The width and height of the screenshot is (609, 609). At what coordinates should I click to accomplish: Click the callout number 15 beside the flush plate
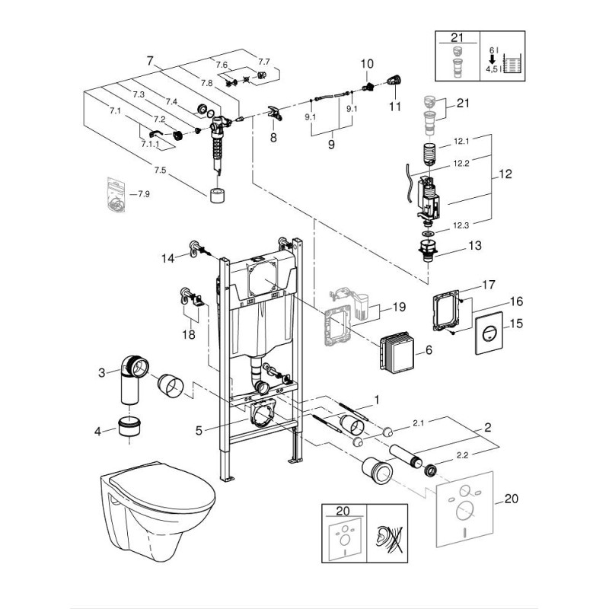(515, 324)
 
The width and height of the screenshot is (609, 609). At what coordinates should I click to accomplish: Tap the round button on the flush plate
(489, 333)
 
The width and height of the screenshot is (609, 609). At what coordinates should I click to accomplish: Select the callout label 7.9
(144, 194)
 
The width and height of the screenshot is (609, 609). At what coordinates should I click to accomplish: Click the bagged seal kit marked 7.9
(116, 194)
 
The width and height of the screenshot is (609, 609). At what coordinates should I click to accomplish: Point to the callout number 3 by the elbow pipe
(102, 373)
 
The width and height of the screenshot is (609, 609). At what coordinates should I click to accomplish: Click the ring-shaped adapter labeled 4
(129, 426)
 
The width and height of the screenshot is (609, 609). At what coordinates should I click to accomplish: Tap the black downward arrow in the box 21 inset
(492, 59)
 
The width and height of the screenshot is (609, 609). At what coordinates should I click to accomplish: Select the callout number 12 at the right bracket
(505, 174)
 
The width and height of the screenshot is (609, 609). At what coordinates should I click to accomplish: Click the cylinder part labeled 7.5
(218, 196)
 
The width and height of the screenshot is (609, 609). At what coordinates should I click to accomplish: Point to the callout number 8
(273, 137)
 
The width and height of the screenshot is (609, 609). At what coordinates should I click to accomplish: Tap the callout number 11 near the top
(394, 106)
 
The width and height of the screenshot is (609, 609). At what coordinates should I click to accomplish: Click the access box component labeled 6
(396, 351)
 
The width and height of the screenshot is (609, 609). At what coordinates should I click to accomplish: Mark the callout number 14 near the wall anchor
(168, 258)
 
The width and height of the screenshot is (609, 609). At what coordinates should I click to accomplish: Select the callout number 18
(189, 334)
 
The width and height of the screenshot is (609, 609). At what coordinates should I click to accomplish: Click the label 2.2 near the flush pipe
(462, 455)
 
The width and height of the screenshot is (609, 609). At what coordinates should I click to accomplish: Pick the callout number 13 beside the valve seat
(474, 245)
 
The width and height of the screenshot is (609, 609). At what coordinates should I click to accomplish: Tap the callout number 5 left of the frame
(199, 430)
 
